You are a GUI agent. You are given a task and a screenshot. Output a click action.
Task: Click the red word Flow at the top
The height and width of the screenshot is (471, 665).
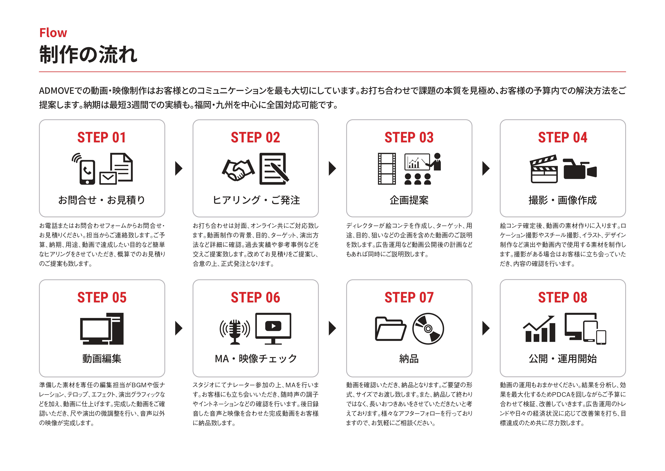[x=53, y=33]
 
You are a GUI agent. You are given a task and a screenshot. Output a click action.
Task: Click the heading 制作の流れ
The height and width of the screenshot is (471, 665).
[x=88, y=54]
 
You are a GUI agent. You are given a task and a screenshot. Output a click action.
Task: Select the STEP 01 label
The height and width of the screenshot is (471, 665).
[x=102, y=137]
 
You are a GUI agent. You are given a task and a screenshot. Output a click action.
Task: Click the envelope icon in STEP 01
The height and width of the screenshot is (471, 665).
[x=108, y=178]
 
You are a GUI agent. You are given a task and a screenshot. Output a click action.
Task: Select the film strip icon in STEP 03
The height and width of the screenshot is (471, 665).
[x=387, y=169]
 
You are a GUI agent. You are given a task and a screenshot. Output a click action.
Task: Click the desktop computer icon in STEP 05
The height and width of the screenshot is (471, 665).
[x=102, y=329]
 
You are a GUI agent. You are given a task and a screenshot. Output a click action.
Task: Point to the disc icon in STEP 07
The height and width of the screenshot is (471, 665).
[x=428, y=329]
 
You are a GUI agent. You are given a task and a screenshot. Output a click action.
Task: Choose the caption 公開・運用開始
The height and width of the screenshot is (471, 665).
[x=562, y=359]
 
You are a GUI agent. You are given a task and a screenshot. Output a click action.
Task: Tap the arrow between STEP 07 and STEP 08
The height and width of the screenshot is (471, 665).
[x=486, y=328]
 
